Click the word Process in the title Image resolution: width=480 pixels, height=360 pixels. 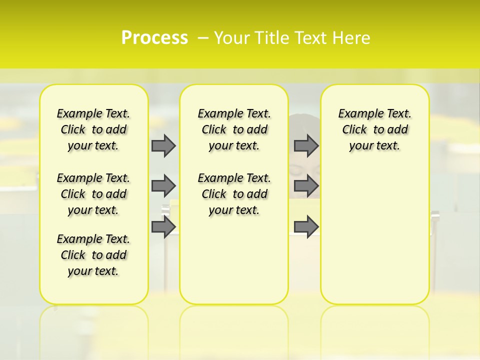click(154, 38)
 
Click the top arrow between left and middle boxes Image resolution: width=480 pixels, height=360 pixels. click(163, 145)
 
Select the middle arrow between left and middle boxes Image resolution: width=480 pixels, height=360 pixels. click(163, 186)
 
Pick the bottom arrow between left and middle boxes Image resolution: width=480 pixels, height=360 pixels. click(163, 226)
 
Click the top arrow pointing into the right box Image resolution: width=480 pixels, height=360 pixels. click(306, 145)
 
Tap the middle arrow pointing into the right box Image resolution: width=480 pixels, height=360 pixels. click(306, 186)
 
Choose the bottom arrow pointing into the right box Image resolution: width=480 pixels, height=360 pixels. click(306, 226)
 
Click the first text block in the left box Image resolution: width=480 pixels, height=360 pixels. click(93, 129)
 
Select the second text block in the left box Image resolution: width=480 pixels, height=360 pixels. click(93, 194)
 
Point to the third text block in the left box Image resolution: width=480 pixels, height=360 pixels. click(93, 255)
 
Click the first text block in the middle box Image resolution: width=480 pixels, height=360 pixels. click(234, 129)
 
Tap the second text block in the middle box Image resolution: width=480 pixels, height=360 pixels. click(234, 194)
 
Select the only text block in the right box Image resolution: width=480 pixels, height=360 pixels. click(375, 129)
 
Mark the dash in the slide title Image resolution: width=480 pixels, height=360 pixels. click(203, 38)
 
